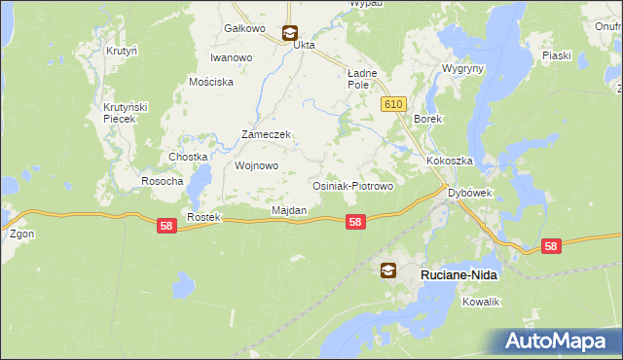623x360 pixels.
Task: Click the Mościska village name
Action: click(212, 83)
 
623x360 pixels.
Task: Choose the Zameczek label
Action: click(267, 134)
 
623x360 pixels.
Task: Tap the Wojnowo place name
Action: click(257, 165)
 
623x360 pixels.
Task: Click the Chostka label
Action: click(188, 157)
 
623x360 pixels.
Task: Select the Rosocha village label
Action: click(163, 181)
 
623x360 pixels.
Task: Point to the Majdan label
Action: click(289, 210)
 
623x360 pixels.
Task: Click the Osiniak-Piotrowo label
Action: click(351, 186)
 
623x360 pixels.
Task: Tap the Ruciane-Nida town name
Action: click(458, 275)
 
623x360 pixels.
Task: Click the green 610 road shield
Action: click(393, 104)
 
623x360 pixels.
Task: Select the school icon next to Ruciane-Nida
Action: click(388, 271)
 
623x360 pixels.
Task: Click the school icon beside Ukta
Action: click(289, 32)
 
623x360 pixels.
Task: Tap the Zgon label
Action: click(20, 234)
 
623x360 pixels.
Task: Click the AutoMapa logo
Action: click(558, 341)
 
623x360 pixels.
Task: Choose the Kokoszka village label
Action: click(448, 161)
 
